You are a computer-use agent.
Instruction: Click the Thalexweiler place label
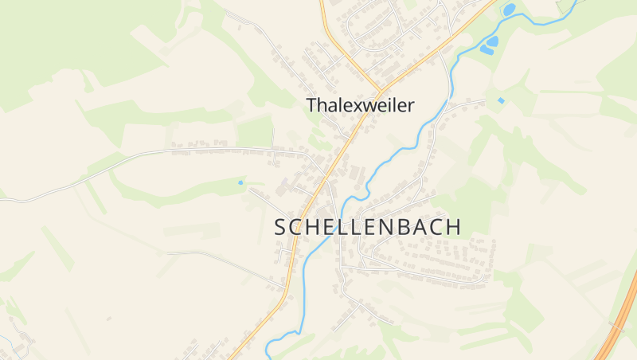coord(360,105)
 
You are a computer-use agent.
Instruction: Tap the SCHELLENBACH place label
coord(367,226)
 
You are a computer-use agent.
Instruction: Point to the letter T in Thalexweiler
coord(311,105)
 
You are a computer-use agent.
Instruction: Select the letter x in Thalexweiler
coord(357,106)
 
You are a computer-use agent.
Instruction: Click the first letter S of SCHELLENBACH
coord(280,227)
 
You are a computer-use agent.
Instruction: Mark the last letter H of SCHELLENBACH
coord(453,226)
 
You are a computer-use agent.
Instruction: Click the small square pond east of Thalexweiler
coord(500,100)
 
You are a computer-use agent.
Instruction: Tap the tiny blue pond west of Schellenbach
coord(240,182)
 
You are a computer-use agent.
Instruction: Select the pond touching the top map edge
coord(508,9)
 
